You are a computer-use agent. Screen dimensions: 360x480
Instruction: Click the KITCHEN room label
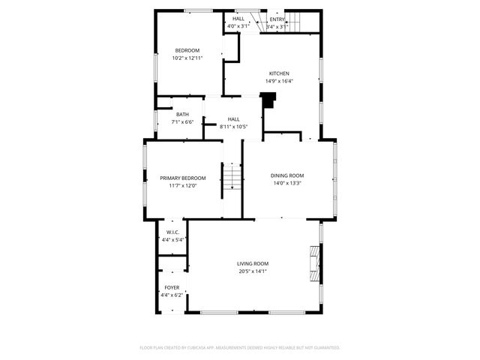click(x=279, y=73)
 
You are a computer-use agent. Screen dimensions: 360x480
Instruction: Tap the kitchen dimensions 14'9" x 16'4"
click(x=279, y=81)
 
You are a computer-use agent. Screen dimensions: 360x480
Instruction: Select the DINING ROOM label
click(x=287, y=175)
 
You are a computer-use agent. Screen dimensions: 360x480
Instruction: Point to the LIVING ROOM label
click(x=253, y=263)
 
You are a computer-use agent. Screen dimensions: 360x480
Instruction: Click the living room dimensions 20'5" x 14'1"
click(x=253, y=271)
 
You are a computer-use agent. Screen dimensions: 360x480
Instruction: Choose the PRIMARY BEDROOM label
click(x=182, y=178)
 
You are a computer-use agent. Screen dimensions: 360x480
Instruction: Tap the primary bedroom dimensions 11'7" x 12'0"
click(x=182, y=186)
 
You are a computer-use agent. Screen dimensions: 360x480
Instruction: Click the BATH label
click(x=182, y=115)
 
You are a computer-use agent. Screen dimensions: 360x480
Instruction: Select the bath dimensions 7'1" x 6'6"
click(x=182, y=122)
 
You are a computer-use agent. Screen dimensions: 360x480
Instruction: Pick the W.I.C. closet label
click(x=172, y=232)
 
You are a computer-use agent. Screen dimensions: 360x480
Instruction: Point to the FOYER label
click(x=172, y=288)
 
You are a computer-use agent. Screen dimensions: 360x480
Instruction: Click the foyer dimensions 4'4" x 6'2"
click(x=172, y=295)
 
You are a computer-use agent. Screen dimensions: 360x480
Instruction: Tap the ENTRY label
click(x=277, y=19)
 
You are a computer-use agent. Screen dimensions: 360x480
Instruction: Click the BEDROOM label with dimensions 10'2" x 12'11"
click(x=187, y=50)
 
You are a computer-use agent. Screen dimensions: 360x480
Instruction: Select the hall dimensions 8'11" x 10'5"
click(x=234, y=127)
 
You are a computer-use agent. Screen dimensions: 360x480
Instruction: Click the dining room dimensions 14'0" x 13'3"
click(x=287, y=183)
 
